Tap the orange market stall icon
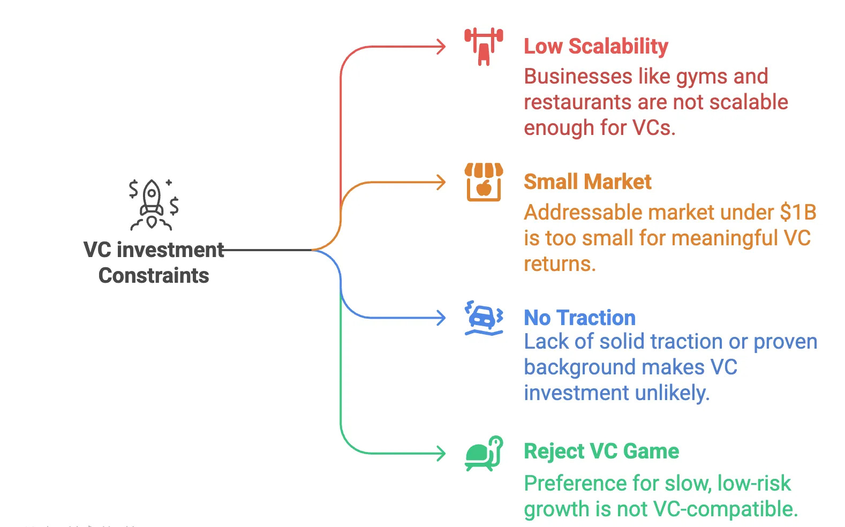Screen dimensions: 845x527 pos(484,182)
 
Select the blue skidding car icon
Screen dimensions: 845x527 pos(484,318)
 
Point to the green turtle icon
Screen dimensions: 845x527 pos(484,454)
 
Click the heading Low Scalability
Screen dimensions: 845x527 pos(595,47)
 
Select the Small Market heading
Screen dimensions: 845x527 pos(587,182)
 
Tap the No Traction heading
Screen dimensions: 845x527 pos(579,318)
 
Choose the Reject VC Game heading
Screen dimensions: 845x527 pos(601,451)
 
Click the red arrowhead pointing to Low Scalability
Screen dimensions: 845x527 pos(441,47)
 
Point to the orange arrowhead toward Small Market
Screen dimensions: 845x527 pos(441,182)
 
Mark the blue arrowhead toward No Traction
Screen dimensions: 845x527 pos(441,318)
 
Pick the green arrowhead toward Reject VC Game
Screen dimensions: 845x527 pos(441,454)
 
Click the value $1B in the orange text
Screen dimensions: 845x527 pos(798,213)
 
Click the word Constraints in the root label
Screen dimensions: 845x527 pos(154,276)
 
